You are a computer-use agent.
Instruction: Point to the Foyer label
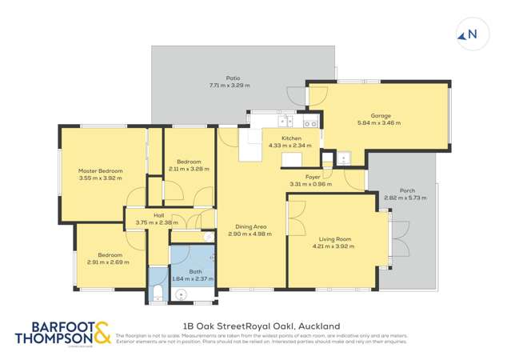point(313,177)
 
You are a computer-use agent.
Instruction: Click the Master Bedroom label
point(100,171)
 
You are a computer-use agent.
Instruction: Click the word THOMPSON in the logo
point(50,338)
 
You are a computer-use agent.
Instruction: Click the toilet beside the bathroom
point(158,290)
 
